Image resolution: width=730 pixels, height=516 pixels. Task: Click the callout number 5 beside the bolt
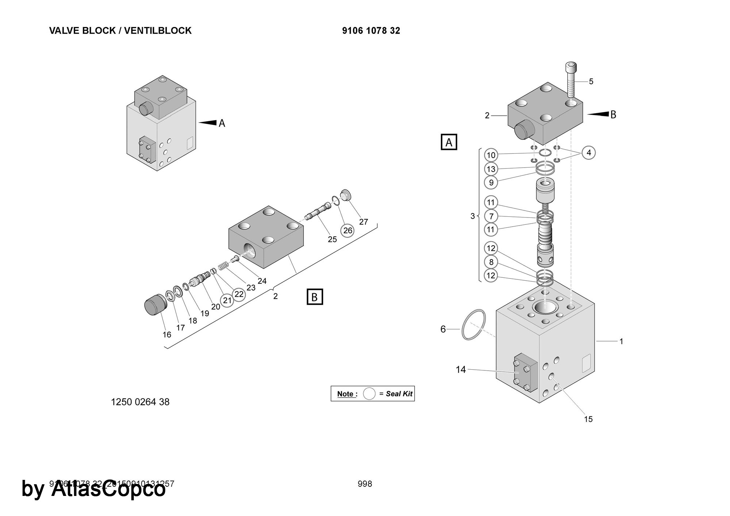[x=591, y=81]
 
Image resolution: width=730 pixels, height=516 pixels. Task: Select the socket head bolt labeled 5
[x=571, y=80]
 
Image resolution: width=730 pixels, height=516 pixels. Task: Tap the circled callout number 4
[x=588, y=153]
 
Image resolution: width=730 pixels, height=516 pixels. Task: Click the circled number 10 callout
[x=491, y=155]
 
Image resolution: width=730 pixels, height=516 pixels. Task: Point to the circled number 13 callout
[x=491, y=169]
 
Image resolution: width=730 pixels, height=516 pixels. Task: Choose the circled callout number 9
[x=491, y=182]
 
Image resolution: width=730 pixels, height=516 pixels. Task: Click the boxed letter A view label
[x=449, y=142]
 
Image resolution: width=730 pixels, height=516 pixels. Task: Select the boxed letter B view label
[x=314, y=297]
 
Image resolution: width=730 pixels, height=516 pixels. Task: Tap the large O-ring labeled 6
[x=473, y=324]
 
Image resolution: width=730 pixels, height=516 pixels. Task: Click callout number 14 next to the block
[x=461, y=370]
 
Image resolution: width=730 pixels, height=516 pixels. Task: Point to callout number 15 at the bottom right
[x=588, y=419]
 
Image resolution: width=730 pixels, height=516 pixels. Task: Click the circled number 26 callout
[x=347, y=230]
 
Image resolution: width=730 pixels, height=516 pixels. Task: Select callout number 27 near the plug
[x=363, y=222]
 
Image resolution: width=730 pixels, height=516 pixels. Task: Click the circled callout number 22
[x=239, y=294]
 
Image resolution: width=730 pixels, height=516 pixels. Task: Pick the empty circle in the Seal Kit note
[x=369, y=394]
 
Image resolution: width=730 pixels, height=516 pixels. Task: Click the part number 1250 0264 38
[x=140, y=402]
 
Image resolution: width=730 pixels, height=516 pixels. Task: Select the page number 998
[x=365, y=484]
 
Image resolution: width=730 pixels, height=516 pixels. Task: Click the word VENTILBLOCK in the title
[x=158, y=31]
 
